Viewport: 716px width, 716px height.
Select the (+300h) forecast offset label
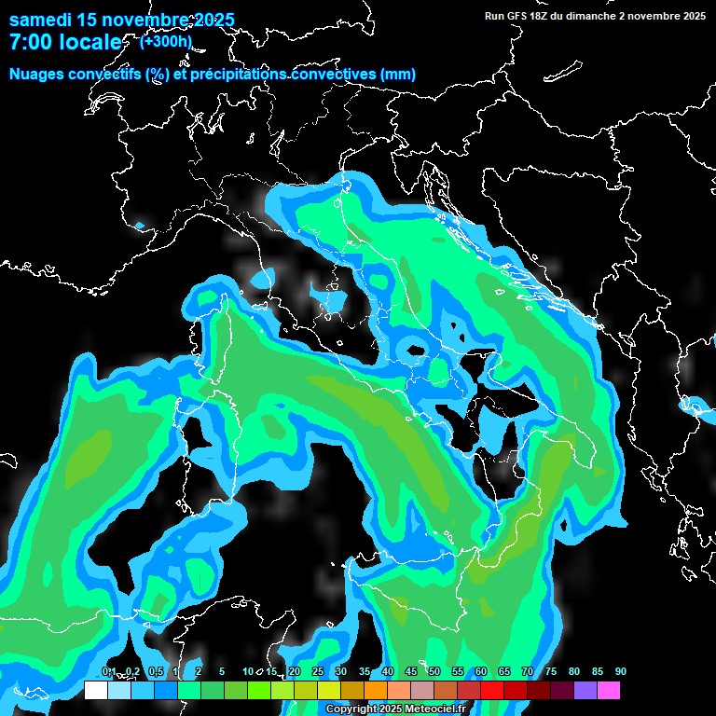pos(165,41)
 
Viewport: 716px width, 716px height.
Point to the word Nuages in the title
pos(36,75)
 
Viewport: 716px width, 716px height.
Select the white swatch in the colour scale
pos(96,691)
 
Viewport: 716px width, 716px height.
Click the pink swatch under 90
pos(609,691)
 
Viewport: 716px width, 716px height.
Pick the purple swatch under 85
pos(585,691)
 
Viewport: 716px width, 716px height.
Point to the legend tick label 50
pos(434,672)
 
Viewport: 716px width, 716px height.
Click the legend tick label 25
pos(318,672)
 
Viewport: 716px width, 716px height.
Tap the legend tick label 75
pos(551,672)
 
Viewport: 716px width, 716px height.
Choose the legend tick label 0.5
pos(156,672)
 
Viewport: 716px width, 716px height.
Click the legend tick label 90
pos(621,672)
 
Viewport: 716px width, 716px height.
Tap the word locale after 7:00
pos(89,42)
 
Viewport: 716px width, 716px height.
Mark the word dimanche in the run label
pos(592,16)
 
